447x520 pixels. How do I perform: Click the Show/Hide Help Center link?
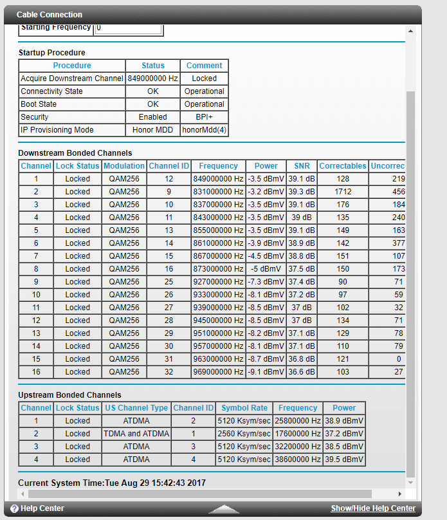(373, 508)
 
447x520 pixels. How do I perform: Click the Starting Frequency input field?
(128, 28)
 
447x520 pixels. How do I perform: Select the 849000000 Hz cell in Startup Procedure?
(152, 79)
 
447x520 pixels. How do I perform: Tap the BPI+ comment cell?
(205, 117)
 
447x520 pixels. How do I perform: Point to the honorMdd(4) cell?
(205, 130)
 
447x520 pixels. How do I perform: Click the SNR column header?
(302, 166)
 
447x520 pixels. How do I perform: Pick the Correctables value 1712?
(343, 192)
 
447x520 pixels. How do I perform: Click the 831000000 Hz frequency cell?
(218, 192)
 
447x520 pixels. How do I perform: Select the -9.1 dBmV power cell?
(266, 372)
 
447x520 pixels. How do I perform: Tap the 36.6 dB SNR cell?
(302, 372)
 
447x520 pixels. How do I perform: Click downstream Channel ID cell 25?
(169, 282)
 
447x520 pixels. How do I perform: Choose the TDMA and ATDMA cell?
(136, 434)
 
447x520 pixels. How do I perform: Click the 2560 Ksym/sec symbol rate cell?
(244, 434)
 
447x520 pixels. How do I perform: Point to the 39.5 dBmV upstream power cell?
(344, 460)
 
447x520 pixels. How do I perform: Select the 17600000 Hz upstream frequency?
(298, 434)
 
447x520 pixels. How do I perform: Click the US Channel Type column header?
(136, 408)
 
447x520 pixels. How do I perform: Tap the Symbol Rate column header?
(244, 408)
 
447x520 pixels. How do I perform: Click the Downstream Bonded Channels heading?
(75, 153)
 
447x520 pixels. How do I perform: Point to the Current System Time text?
(112, 483)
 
